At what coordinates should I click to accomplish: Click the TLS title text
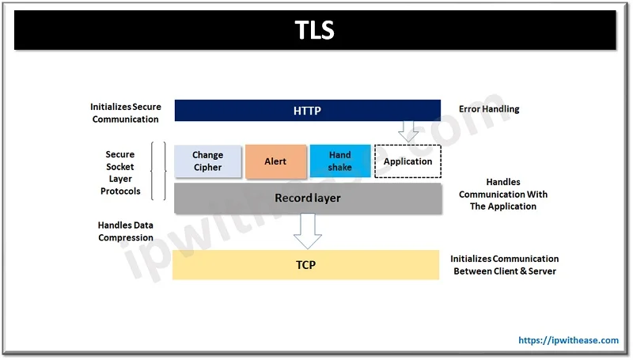click(315, 31)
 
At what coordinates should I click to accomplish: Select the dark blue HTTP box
click(307, 111)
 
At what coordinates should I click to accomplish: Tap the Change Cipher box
click(207, 161)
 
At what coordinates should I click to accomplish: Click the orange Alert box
click(275, 161)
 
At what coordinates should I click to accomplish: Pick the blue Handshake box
click(339, 161)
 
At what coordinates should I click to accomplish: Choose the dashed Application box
click(407, 161)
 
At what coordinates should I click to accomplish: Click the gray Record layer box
click(307, 198)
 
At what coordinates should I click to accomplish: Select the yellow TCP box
click(305, 265)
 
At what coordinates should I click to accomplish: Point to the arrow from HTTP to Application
click(408, 131)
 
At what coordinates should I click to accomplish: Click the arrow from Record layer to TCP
click(307, 230)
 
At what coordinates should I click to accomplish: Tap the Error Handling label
click(489, 109)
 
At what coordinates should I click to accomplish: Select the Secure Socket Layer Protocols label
click(120, 172)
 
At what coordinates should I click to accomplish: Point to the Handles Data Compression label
click(126, 231)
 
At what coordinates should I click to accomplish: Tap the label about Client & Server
click(504, 265)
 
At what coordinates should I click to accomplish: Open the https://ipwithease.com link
click(568, 340)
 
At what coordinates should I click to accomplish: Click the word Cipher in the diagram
click(207, 167)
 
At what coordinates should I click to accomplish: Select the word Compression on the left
click(126, 237)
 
